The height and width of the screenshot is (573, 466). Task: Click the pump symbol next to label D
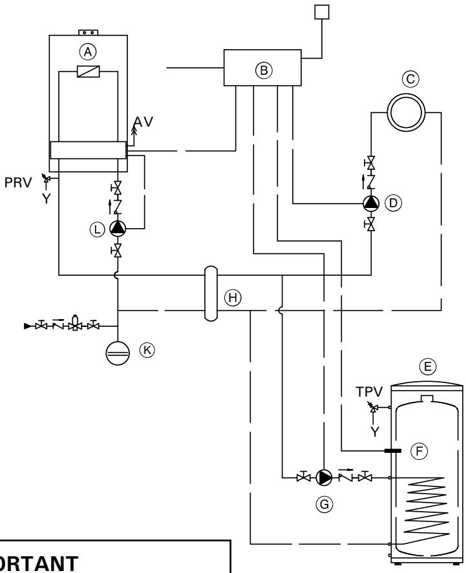click(371, 203)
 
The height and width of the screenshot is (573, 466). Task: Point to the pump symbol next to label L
click(118, 227)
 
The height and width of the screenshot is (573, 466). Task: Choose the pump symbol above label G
click(326, 478)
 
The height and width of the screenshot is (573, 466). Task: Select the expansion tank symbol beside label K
click(118, 351)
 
